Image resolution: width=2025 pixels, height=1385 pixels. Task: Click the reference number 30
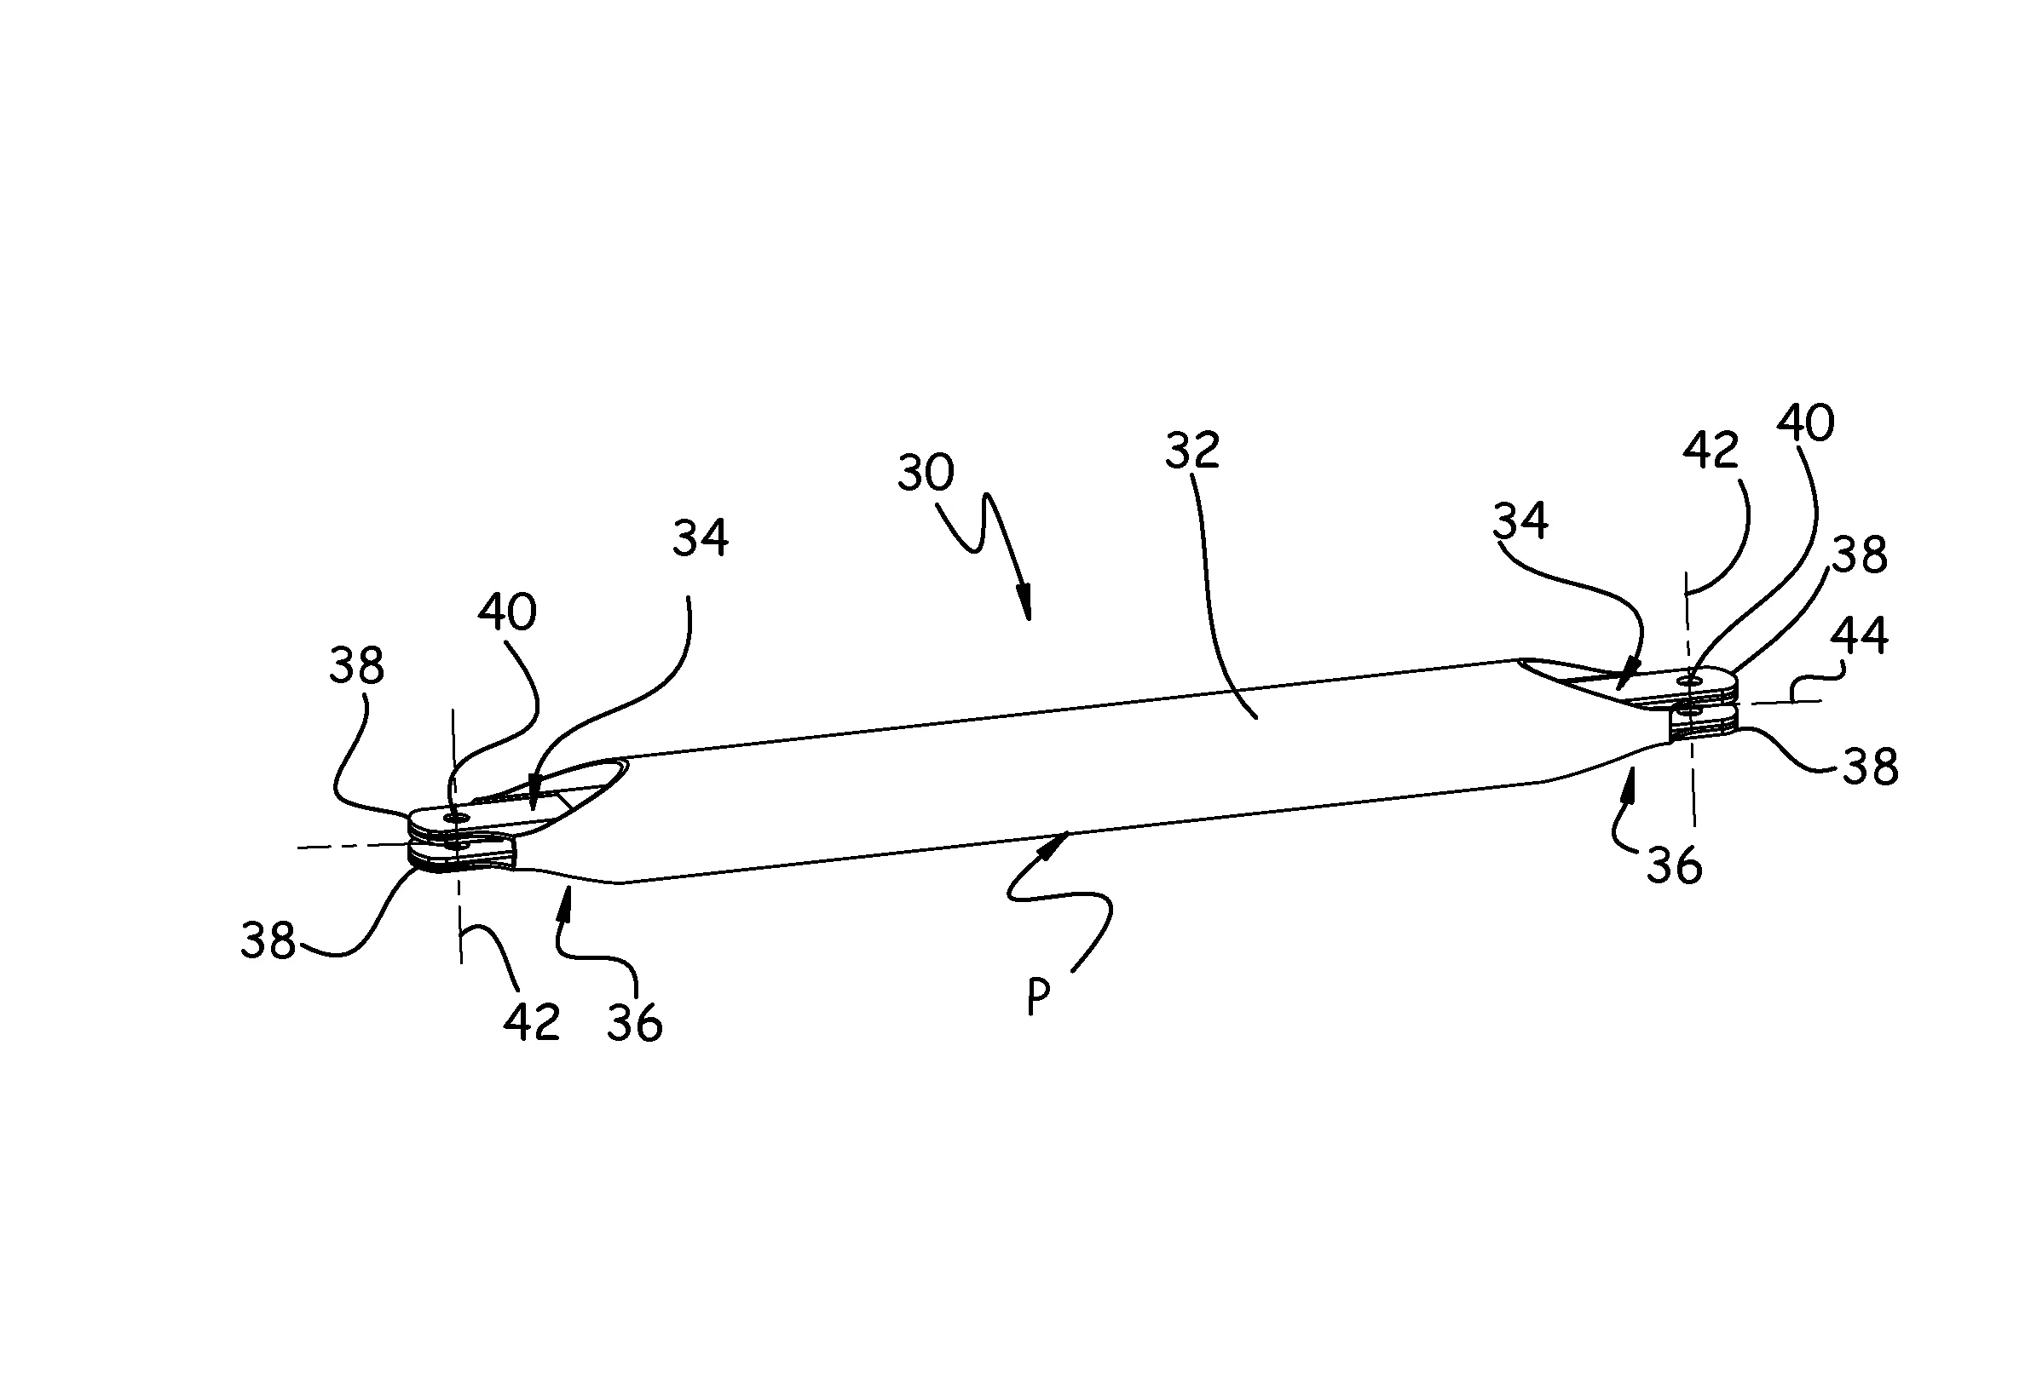(x=926, y=472)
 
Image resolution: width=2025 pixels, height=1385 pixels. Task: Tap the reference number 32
(x=1192, y=451)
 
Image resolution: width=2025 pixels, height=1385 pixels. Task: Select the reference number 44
(x=1859, y=635)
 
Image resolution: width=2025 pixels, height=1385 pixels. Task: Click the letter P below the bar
(x=1038, y=997)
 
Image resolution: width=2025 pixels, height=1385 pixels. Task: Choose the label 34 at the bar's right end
(x=1520, y=521)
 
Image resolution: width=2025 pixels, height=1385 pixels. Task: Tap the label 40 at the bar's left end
(x=506, y=612)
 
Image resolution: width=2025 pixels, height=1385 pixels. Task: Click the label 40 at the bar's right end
(x=1805, y=423)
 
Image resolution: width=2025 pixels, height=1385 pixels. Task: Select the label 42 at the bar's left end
(x=532, y=1023)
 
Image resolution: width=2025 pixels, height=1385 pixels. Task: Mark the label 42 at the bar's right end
(x=1711, y=451)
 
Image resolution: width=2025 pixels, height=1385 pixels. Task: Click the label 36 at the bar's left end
(x=634, y=1023)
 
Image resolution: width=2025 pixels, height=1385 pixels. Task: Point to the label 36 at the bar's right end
(x=1674, y=867)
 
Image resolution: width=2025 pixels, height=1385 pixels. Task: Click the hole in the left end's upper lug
(x=453, y=818)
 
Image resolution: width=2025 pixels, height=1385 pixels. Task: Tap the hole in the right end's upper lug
(x=1693, y=678)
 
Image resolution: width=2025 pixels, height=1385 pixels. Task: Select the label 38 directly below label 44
(x=1870, y=767)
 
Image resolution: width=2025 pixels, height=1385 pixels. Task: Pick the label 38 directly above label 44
(x=1860, y=554)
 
